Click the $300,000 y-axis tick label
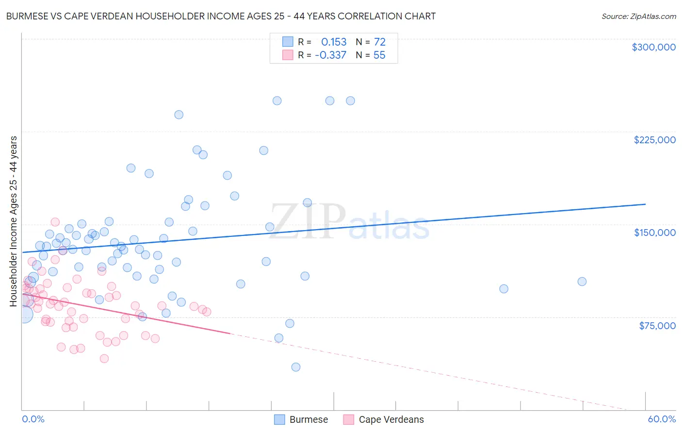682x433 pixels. (x=653, y=47)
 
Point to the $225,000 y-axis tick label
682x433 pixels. (x=654, y=140)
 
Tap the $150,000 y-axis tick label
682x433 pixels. (x=654, y=233)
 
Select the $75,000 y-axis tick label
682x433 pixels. (x=657, y=326)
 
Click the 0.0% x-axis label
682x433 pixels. (x=33, y=419)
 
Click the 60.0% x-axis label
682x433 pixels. (x=662, y=419)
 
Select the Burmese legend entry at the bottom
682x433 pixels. (x=309, y=419)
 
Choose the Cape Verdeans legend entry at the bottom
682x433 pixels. (x=391, y=419)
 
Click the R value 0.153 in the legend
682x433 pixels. (x=334, y=42)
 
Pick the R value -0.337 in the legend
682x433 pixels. (x=330, y=55)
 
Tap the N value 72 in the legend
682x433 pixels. (x=379, y=42)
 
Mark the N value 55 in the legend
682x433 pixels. (x=379, y=55)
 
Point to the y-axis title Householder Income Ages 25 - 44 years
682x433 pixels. (x=14, y=221)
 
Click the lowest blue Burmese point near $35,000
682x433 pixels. (x=295, y=367)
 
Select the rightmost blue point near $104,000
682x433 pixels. (x=582, y=282)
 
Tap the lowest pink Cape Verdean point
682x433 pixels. (x=104, y=359)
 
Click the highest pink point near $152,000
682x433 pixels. (x=55, y=222)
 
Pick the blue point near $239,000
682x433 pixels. (x=179, y=115)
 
